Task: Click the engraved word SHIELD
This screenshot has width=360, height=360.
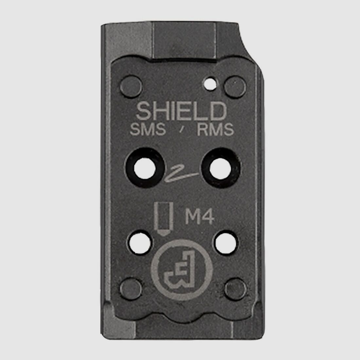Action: click(x=182, y=112)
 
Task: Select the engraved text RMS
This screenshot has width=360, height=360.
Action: click(x=215, y=131)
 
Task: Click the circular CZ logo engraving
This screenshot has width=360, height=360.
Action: click(x=179, y=270)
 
